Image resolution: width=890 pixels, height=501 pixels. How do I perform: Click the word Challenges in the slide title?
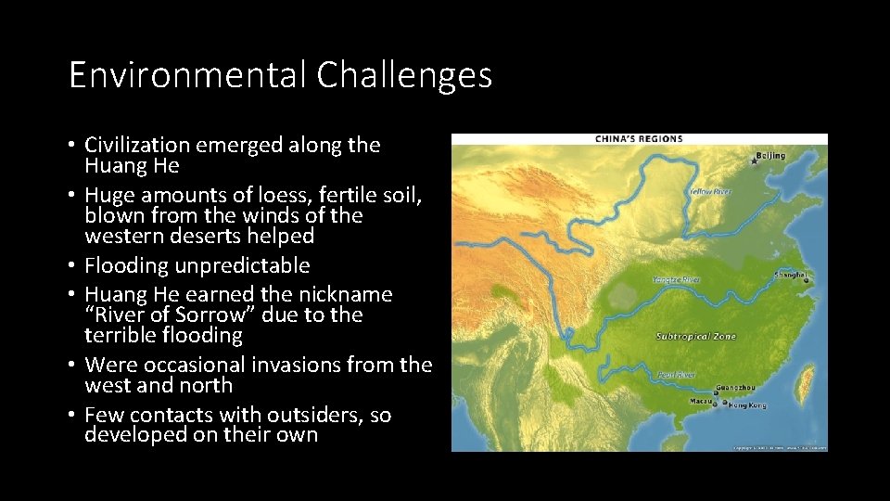click(404, 75)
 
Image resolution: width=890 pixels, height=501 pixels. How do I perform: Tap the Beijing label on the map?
click(770, 156)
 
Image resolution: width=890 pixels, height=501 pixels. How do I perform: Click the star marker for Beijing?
click(754, 162)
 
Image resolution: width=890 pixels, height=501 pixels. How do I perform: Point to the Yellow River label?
click(709, 192)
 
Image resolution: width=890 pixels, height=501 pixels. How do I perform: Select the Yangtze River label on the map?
click(675, 278)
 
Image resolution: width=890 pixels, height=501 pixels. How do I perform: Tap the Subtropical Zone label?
click(695, 336)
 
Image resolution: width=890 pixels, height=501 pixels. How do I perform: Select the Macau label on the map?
click(699, 402)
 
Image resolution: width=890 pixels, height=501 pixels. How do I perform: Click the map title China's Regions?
click(638, 139)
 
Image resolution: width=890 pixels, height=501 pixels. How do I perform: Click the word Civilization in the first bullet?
click(137, 145)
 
